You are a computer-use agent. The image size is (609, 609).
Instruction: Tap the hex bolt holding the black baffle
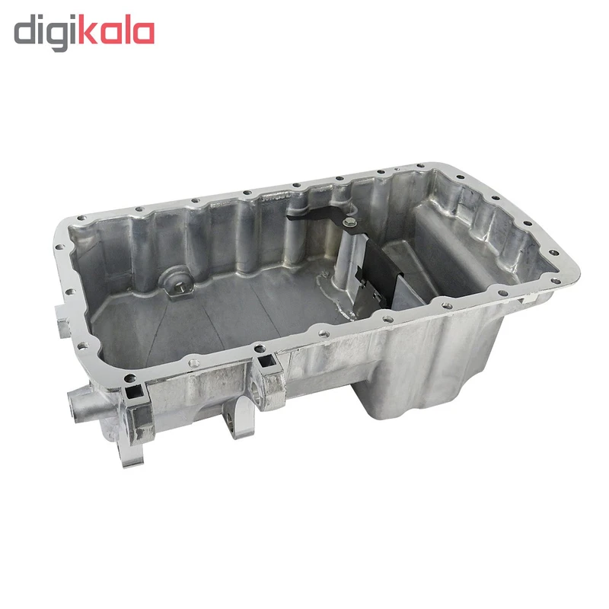coord(346,222)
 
